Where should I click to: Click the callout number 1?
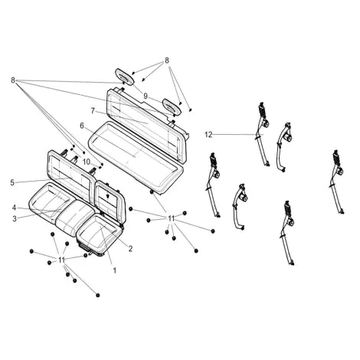point(115,270)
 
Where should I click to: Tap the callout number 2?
point(130,248)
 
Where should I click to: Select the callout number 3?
point(15,219)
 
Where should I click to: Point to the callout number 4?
point(14,208)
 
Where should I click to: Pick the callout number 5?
point(12,183)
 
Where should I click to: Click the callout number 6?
point(82,126)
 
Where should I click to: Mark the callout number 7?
point(93,111)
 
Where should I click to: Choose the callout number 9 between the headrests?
point(146,97)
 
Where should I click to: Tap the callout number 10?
point(87,162)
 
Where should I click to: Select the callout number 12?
point(208,135)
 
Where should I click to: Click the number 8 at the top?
point(167,61)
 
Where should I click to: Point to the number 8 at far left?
point(13,80)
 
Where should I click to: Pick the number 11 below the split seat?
point(61,260)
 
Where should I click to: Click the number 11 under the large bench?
point(171,218)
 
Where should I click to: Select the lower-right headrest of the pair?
point(172,106)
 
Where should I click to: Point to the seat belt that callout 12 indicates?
point(262,133)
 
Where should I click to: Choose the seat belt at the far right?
point(337,182)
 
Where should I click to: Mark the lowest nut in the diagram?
point(98,295)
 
